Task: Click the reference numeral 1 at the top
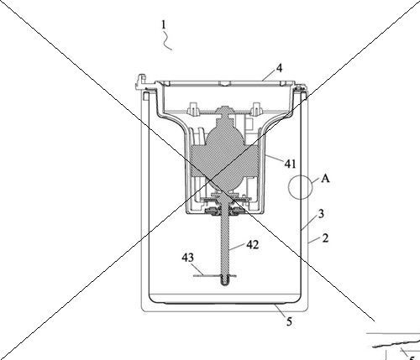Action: click(x=164, y=25)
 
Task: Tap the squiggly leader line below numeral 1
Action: click(x=167, y=41)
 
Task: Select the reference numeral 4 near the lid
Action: click(x=279, y=68)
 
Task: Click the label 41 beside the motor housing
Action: click(x=290, y=164)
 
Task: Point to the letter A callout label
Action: click(x=325, y=178)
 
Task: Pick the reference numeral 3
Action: click(x=321, y=214)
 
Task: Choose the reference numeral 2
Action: click(x=325, y=238)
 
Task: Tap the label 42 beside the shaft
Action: click(x=253, y=245)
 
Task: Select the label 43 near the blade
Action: click(x=187, y=258)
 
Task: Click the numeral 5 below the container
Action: click(x=289, y=322)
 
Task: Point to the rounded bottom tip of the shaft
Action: click(x=225, y=284)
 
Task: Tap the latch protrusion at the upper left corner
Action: click(x=142, y=81)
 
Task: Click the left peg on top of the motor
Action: click(x=193, y=108)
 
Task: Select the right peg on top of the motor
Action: click(x=257, y=108)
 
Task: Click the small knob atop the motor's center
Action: click(x=225, y=110)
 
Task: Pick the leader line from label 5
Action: click(x=280, y=310)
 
